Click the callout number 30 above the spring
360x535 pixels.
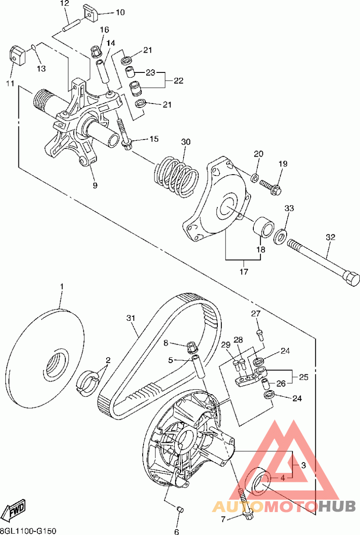[x=186, y=142]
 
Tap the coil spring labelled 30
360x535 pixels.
[x=177, y=175]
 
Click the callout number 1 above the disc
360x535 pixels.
[x=62, y=286]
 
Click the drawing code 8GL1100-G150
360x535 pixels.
[x=28, y=531]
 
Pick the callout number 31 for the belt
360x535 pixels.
[x=130, y=318]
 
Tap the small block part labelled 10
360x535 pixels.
[x=91, y=13]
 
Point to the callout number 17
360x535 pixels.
[x=243, y=271]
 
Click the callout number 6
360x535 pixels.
[x=177, y=531]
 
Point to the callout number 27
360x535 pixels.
[x=256, y=314]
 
